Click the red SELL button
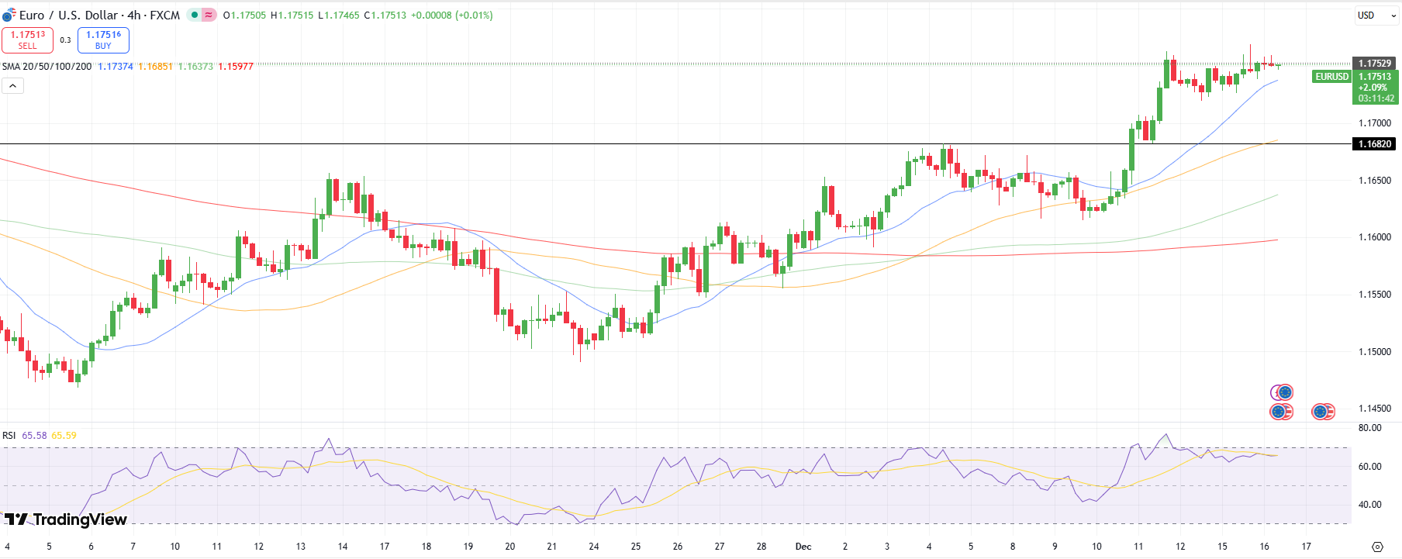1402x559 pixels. point(28,40)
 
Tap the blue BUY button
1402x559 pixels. point(103,40)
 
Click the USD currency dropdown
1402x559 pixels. point(1376,16)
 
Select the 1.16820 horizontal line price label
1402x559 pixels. point(1374,144)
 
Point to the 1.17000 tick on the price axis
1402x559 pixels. point(1374,123)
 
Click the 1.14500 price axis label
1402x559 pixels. point(1374,409)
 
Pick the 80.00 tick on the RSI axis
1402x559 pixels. point(1369,428)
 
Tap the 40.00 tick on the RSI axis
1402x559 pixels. point(1369,505)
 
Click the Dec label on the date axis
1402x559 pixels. point(803,547)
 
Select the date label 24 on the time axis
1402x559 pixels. point(594,547)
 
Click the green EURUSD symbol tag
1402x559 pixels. point(1332,77)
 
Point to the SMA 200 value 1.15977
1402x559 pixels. point(236,67)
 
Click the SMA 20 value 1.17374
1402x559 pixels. point(116,67)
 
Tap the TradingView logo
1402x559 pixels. point(65,519)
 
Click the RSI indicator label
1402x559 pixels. point(9,436)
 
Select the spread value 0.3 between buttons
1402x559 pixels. point(65,40)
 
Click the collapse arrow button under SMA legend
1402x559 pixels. point(12,86)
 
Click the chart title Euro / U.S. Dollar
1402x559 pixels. point(99,16)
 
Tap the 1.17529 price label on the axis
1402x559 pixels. point(1374,64)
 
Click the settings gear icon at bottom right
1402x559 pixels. point(1377,547)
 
